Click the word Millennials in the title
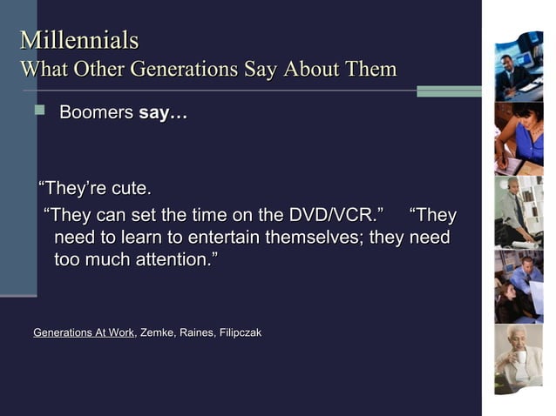click(79, 40)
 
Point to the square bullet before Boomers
click(37, 111)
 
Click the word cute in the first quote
click(131, 189)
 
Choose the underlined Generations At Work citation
click(84, 332)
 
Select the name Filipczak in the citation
click(240, 332)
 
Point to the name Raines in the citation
click(196, 332)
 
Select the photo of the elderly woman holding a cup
click(519, 357)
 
